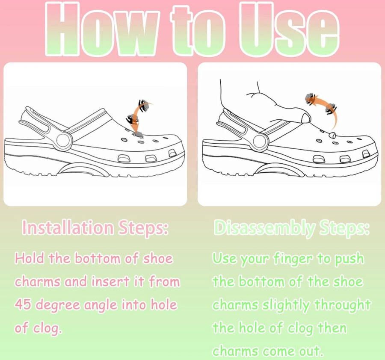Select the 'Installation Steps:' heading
(95, 227)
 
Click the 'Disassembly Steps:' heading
(292, 228)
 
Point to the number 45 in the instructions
(23, 304)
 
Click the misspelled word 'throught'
(343, 305)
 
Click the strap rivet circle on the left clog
(65, 140)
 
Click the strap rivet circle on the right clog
(261, 142)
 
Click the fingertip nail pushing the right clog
(306, 118)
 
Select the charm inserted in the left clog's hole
(137, 134)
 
